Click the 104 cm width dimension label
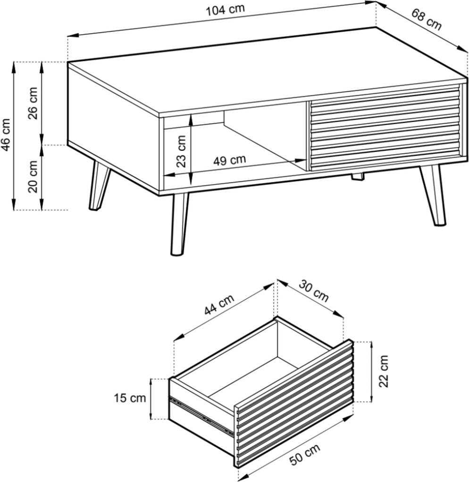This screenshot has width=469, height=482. (x=225, y=9)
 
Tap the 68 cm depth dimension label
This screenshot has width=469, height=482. (x=426, y=19)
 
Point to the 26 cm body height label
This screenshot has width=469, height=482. (x=33, y=103)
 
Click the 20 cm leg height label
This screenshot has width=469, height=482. (x=33, y=176)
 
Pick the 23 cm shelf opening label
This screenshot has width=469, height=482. (x=182, y=151)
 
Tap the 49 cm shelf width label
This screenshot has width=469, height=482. (x=230, y=160)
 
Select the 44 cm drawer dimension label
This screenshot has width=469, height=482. (x=219, y=304)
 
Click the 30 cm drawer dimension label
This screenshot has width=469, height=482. (x=314, y=291)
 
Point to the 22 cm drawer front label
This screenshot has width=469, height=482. (x=384, y=371)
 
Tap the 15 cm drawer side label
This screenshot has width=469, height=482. (x=130, y=398)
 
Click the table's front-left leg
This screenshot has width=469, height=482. (x=179, y=224)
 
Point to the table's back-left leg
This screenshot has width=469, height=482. (x=99, y=185)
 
